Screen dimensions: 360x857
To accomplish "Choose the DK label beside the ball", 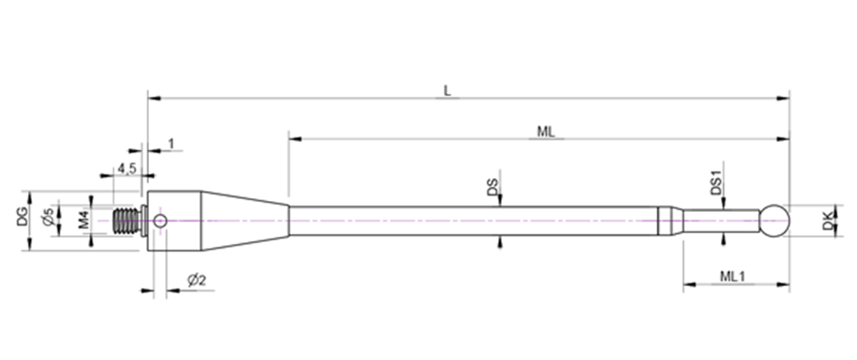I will [827, 221].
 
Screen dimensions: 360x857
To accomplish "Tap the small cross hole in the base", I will [160, 220].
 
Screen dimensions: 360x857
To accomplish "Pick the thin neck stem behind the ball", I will [720, 220].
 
